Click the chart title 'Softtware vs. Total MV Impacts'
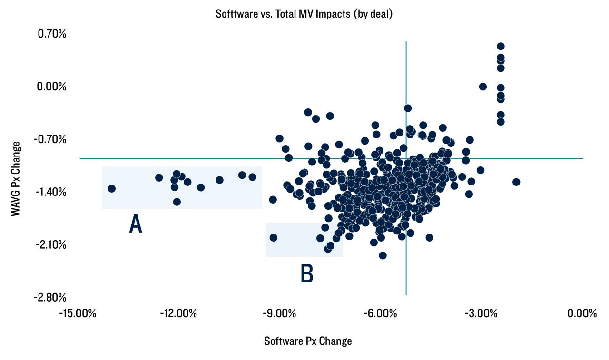[x=304, y=13]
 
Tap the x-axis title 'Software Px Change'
[x=308, y=341]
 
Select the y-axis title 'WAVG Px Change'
[x=16, y=179]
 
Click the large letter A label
[x=136, y=224]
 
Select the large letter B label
[x=307, y=274]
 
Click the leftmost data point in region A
[x=112, y=189]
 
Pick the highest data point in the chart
[x=501, y=46]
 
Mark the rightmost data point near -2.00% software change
[x=516, y=182]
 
